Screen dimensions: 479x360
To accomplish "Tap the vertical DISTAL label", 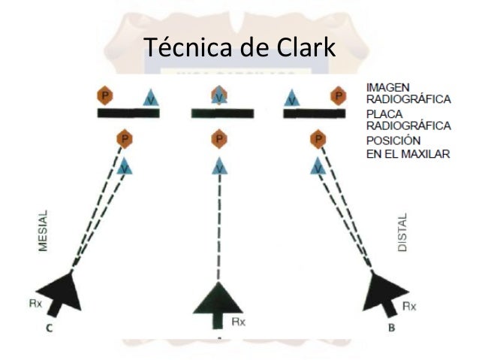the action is pos(402,231).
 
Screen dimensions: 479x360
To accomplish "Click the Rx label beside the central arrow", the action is pos(238,322).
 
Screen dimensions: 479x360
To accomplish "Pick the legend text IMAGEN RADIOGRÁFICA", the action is pos(407,93).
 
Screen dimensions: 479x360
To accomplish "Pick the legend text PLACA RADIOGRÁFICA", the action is pos(407,119).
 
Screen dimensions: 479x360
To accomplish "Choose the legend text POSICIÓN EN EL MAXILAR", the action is pos(407,147).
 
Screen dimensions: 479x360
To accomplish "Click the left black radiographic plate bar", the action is pos(128,113).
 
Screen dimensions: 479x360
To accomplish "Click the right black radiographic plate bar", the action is pos(312,113).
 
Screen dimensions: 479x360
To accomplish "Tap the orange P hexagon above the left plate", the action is pos(104,96).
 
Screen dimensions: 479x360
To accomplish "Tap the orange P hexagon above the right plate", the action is pos(339,96).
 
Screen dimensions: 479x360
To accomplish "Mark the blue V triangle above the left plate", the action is pos(152,98).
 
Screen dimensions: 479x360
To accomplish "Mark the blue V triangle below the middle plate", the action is pos(218,166).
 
